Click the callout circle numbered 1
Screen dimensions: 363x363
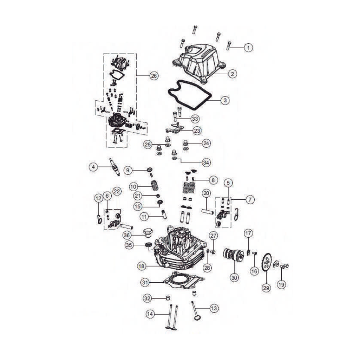pyautogui.click(x=248, y=48)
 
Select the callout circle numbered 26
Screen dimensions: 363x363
pyautogui.click(x=154, y=76)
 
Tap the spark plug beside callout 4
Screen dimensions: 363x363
pyautogui.click(x=115, y=167)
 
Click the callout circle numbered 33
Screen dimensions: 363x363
pyautogui.click(x=195, y=119)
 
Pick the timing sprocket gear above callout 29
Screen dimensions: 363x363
pyautogui.click(x=266, y=263)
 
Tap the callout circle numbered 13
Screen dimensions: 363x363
pyautogui.click(x=214, y=308)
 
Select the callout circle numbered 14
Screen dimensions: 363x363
pyautogui.click(x=150, y=314)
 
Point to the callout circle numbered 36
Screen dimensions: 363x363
pyautogui.click(x=127, y=235)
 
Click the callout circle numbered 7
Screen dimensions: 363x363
pyautogui.click(x=250, y=200)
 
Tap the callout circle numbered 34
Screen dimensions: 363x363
pyautogui.click(x=206, y=163)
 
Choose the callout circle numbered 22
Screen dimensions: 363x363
pyautogui.click(x=117, y=191)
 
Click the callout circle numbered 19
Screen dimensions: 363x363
pyautogui.click(x=282, y=284)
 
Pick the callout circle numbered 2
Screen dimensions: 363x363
pyautogui.click(x=233, y=74)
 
